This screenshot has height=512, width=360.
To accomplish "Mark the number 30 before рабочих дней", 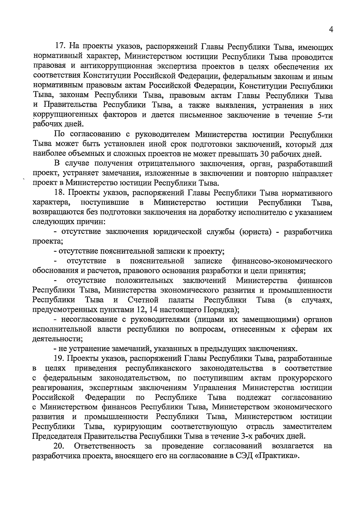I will tap(260, 154).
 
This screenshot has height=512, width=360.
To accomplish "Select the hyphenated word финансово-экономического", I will tap(282, 261).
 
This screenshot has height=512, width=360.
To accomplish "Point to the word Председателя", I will tap(57, 436).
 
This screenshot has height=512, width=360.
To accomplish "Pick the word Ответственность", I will tap(104, 446).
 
